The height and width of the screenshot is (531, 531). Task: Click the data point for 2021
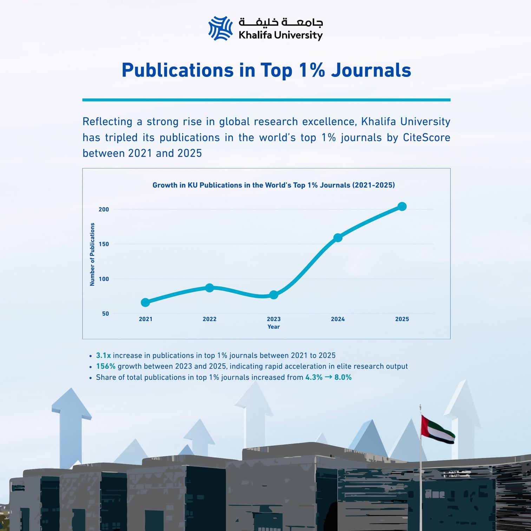pyautogui.click(x=145, y=302)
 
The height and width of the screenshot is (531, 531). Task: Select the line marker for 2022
pyautogui.click(x=209, y=288)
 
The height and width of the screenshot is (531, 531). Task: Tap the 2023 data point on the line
pyautogui.click(x=274, y=295)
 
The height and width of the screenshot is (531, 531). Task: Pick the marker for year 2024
pyautogui.click(x=337, y=238)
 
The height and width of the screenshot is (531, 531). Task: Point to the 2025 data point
pyautogui.click(x=402, y=206)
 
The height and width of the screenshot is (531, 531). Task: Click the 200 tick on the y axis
pyautogui.click(x=104, y=209)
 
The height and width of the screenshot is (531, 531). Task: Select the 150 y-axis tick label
pyautogui.click(x=104, y=244)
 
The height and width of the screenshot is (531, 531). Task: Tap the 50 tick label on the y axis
pyautogui.click(x=105, y=314)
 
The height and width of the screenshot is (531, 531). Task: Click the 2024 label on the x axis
pyautogui.click(x=337, y=319)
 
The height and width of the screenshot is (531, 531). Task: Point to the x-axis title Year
pyautogui.click(x=274, y=327)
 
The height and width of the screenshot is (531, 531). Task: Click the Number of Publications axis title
pyautogui.click(x=92, y=254)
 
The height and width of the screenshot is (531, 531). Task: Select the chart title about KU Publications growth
pyautogui.click(x=274, y=185)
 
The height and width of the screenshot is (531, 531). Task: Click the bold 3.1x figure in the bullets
pyautogui.click(x=103, y=355)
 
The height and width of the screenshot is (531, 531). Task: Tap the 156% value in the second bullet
pyautogui.click(x=106, y=366)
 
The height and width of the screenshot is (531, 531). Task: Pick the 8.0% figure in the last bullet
pyautogui.click(x=343, y=377)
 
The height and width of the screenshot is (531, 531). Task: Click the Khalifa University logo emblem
pyautogui.click(x=221, y=28)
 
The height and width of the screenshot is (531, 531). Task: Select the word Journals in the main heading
pyautogui.click(x=371, y=70)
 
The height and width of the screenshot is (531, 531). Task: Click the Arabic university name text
pyautogui.click(x=281, y=22)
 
